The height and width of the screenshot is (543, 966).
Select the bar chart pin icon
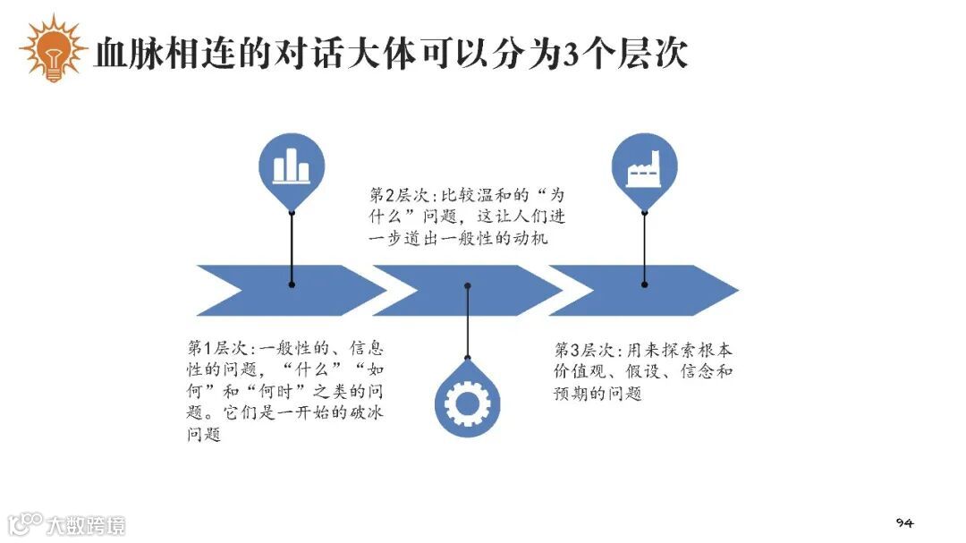pos(292,167)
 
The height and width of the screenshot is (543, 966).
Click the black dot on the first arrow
pos(292,284)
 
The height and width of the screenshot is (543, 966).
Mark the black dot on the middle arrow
pos(467,286)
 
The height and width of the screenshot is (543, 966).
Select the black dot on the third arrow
pos(644,284)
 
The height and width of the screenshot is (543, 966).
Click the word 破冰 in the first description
pos(363,414)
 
